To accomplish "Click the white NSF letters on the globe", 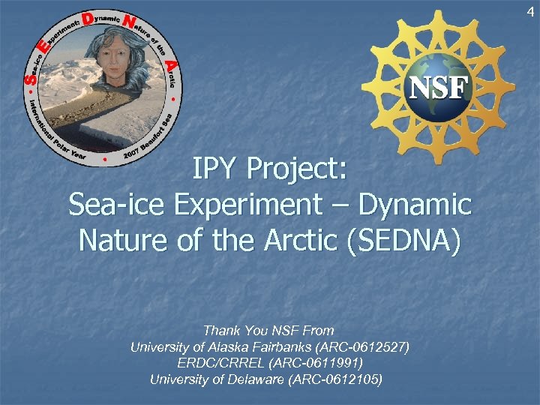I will point(439,88).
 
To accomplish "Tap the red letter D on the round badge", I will point(88,20).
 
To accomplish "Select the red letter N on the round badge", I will point(129,23).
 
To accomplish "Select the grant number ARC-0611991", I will point(319,363).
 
